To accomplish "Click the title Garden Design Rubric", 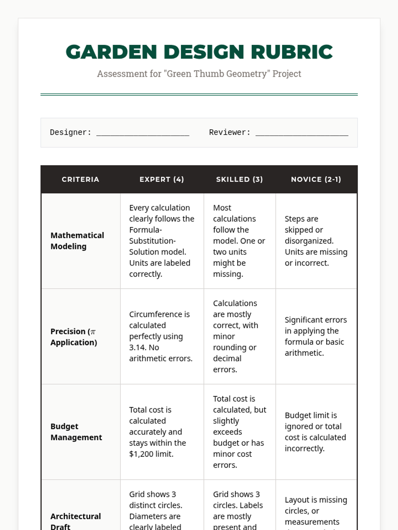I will click(199, 52).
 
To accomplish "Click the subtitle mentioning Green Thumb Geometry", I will click(199, 74).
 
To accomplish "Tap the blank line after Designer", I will click(143, 133).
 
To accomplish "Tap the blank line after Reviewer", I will click(302, 133).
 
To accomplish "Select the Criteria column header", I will click(81, 179).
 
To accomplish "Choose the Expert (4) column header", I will click(162, 179).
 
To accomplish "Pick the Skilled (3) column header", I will click(239, 179).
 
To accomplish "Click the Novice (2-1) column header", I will click(316, 179).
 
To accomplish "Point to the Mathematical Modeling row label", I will click(77, 241).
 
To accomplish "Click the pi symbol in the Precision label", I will click(93, 332).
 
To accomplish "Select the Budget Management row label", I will click(76, 432).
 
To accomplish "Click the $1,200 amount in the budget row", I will click(141, 454).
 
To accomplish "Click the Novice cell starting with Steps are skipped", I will click(316, 241).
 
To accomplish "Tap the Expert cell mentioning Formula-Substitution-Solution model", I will click(162, 241).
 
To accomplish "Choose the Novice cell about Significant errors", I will click(316, 336).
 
